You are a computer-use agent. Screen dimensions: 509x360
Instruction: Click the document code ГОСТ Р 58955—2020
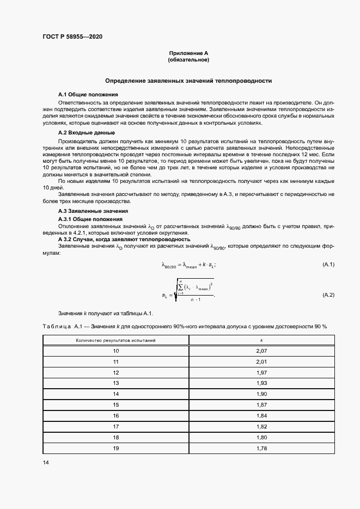click(x=72, y=36)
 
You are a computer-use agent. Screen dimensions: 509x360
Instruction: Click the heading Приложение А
click(x=188, y=53)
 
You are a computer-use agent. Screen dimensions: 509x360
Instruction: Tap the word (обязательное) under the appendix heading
click(x=188, y=59)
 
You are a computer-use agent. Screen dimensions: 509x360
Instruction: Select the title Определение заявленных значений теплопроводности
click(x=188, y=81)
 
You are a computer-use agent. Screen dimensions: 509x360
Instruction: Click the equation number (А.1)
click(x=328, y=265)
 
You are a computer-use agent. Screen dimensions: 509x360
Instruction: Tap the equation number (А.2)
click(x=328, y=295)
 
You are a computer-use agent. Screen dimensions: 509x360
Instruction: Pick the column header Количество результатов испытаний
click(x=115, y=340)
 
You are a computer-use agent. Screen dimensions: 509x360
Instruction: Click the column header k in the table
click(x=261, y=340)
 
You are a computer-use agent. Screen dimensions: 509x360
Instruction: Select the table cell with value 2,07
click(x=261, y=352)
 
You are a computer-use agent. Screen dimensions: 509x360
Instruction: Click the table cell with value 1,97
click(x=261, y=372)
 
